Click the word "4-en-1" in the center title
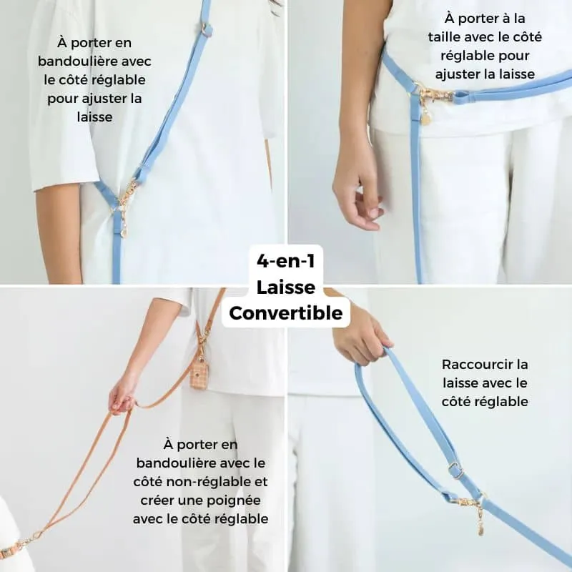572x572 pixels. (285, 261)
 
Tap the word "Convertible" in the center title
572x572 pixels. (285, 313)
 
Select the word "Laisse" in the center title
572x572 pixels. (285, 287)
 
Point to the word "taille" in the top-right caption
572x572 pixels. (441, 37)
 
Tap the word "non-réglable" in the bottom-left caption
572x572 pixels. (212, 482)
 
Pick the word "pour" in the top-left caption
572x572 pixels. (62, 99)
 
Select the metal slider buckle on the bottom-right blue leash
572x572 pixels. (455, 470)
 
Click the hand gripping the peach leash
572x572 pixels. (123, 394)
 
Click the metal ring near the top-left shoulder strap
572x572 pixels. (207, 29)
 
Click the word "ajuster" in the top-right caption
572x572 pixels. (456, 74)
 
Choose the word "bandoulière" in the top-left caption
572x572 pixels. (76, 61)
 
